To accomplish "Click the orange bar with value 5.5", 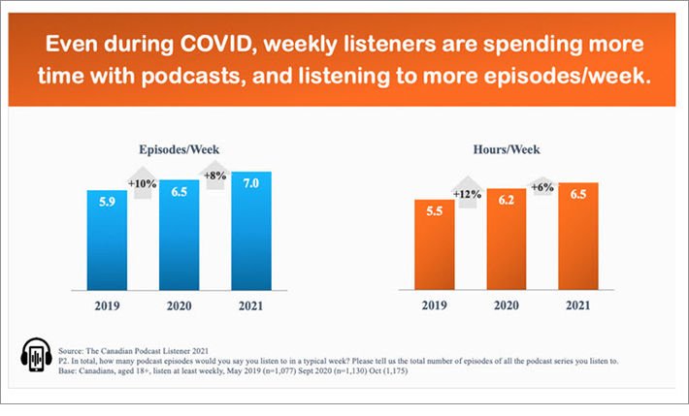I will tap(434, 245).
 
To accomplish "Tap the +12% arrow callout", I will tap(470, 192).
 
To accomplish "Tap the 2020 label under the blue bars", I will tap(179, 306).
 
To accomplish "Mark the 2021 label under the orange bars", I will tap(577, 306).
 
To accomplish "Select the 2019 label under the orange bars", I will tap(434, 306).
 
